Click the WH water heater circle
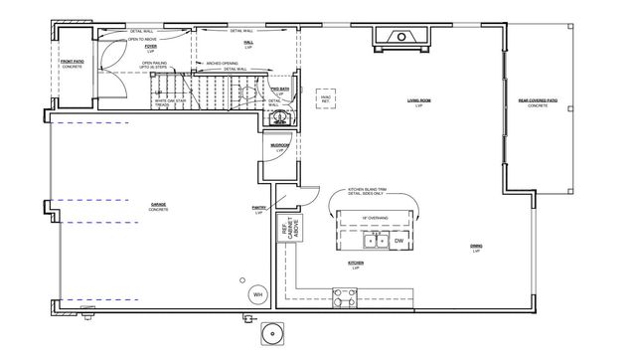click(256, 294)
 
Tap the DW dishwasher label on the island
click(398, 241)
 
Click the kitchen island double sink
click(376, 241)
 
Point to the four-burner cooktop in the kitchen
click(344, 295)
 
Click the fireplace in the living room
click(400, 37)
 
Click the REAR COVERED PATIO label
click(538, 101)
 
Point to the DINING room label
click(476, 248)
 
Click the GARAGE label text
click(158, 207)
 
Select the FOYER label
click(151, 47)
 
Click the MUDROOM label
click(279, 147)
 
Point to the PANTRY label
click(258, 211)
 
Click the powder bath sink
click(279, 116)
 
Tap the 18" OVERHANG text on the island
click(375, 216)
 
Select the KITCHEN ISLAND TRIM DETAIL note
click(364, 193)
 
